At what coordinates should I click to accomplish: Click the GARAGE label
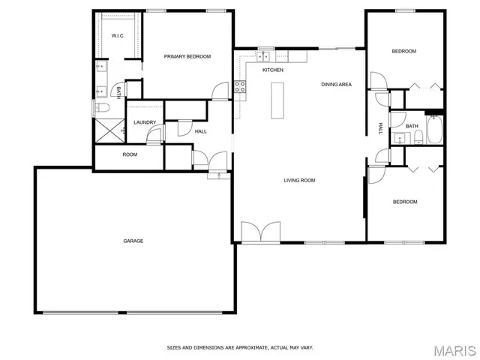tap(133, 241)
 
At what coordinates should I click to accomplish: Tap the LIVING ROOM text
tap(298, 180)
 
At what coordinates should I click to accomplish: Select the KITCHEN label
tap(272, 70)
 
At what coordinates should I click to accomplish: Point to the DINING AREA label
tap(337, 84)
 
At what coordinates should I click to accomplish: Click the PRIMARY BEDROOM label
tap(187, 56)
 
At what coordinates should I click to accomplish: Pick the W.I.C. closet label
tap(118, 36)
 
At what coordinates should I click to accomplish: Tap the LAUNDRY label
tap(145, 122)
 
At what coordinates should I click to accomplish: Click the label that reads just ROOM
tap(130, 154)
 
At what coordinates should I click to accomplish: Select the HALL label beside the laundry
tap(200, 131)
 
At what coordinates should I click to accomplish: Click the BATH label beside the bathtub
tap(412, 125)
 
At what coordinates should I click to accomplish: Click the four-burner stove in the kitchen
tap(241, 86)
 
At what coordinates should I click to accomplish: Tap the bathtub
tap(434, 130)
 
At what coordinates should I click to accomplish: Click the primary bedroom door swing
tap(219, 91)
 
